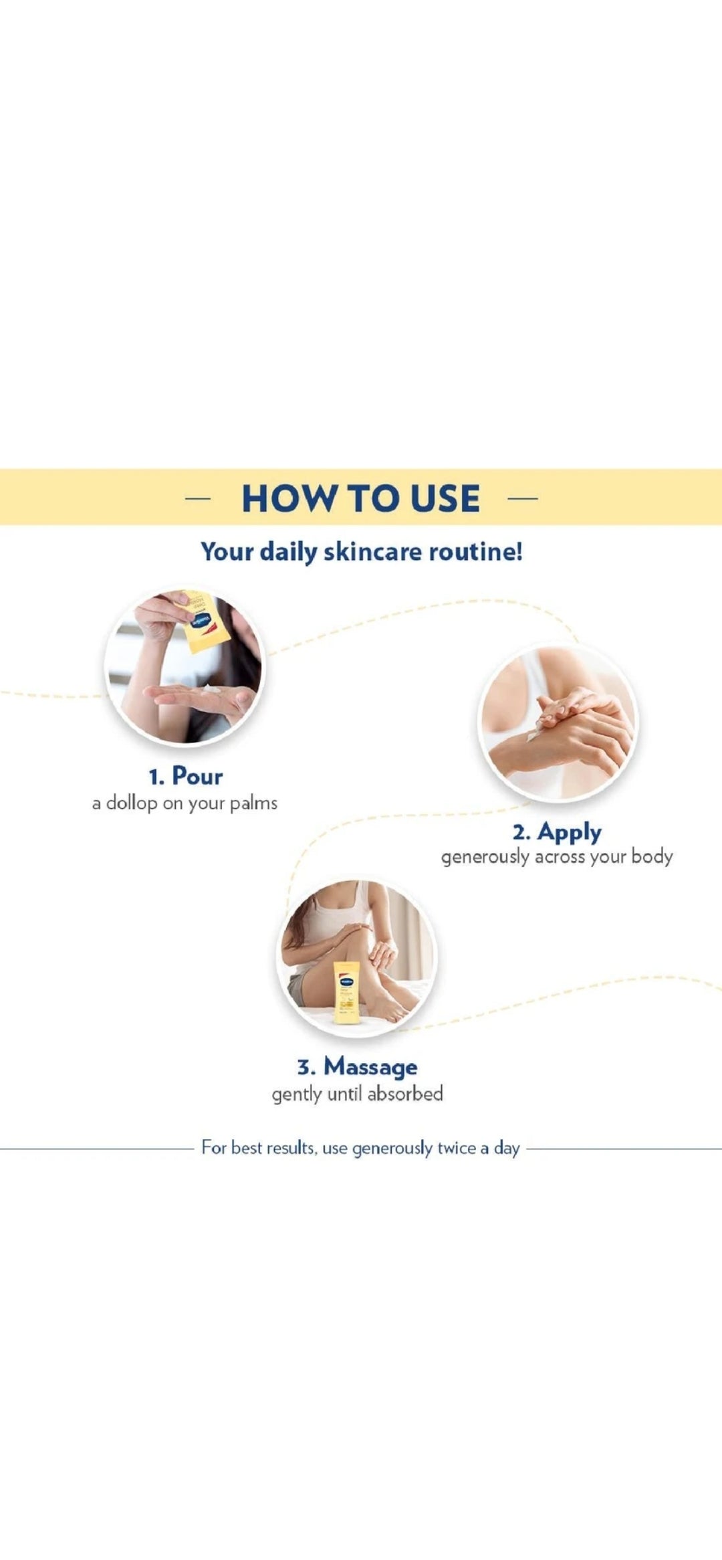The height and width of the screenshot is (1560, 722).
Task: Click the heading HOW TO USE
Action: [x=361, y=498]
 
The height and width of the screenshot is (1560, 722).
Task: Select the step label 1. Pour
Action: [x=186, y=776]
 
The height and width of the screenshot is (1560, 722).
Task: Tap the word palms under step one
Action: [x=253, y=803]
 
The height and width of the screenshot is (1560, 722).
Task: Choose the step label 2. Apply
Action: [x=557, y=833]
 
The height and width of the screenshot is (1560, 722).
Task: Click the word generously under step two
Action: [x=485, y=857]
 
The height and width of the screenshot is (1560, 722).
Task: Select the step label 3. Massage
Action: [x=358, y=1066]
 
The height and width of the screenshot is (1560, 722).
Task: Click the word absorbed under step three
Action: [x=405, y=1094]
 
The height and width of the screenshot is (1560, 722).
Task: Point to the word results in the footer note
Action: [x=291, y=1149]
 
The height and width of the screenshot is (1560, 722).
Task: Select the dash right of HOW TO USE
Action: [x=523, y=498]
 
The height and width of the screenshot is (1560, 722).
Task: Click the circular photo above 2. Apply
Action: [x=558, y=722]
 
